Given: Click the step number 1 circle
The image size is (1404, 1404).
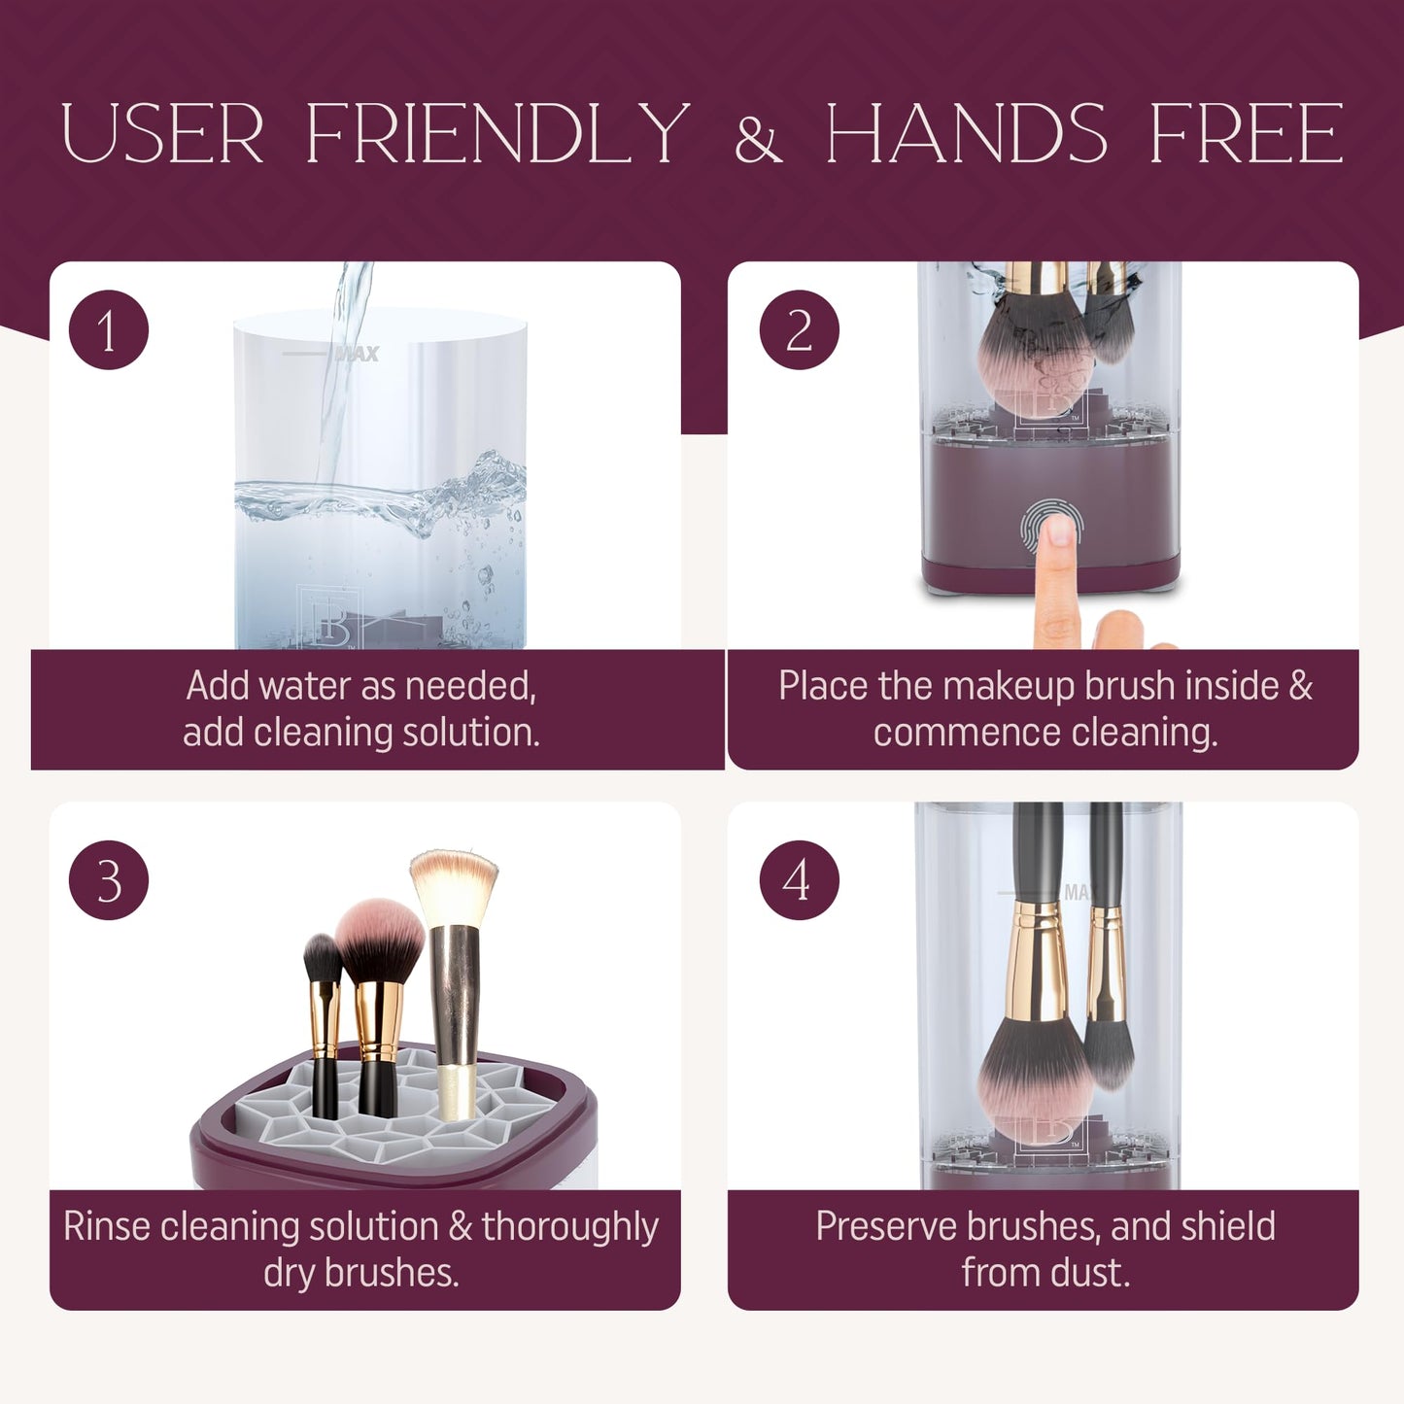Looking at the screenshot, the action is click(x=109, y=330).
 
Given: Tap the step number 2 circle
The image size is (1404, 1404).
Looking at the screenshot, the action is click(x=800, y=330).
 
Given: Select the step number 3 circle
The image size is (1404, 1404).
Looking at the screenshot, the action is click(x=109, y=880).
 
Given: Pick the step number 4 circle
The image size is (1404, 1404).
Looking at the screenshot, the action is click(x=800, y=880).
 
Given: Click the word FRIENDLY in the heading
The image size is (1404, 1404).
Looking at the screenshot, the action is click(x=497, y=133).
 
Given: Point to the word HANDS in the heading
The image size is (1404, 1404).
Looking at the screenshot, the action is click(x=966, y=133).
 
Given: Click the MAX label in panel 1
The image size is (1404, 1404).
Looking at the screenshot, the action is click(x=357, y=354).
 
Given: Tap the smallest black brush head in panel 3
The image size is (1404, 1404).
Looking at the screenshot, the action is click(x=322, y=958).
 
